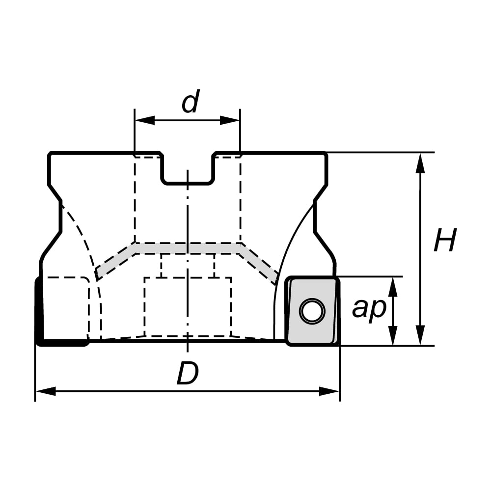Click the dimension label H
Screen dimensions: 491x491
445,240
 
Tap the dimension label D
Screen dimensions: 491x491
188,373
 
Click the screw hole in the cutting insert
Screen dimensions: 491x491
312,311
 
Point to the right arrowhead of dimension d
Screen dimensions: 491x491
230,120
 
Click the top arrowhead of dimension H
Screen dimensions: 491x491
421,163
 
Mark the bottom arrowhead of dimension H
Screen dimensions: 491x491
421,335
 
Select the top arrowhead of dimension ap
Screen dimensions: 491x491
393,287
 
